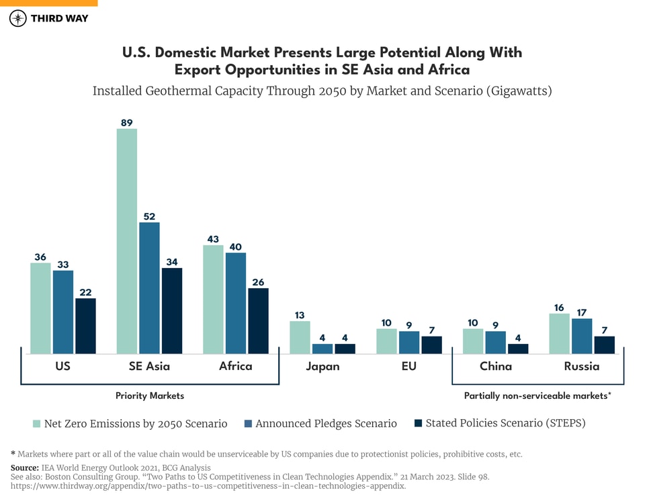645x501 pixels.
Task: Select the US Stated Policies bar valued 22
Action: [x=85, y=326]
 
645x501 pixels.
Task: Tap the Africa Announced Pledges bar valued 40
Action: [x=235, y=303]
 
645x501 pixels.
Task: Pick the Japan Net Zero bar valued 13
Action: [x=300, y=337]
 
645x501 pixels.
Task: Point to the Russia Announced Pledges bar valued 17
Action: [x=582, y=336]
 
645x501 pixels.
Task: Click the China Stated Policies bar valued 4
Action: [x=518, y=349]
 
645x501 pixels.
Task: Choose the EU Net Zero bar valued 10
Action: [x=386, y=341]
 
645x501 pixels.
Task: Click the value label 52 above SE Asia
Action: [x=149, y=216]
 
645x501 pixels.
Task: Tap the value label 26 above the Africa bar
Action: [x=258, y=282]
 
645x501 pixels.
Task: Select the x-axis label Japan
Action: [x=322, y=367]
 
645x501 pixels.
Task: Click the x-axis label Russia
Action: [x=582, y=367]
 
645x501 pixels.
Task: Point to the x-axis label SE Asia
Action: [x=149, y=367]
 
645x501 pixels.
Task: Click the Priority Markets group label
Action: [x=150, y=396]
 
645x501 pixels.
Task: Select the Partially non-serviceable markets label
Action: [x=537, y=396]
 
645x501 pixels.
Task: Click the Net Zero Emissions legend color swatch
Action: [x=37, y=424]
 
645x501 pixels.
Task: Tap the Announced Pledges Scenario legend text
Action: [x=326, y=424]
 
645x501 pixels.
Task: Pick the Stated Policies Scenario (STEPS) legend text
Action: [x=505, y=424]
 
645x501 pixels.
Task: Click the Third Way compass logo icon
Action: [x=18, y=18]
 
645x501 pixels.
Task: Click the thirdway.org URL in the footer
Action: [x=208, y=486]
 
